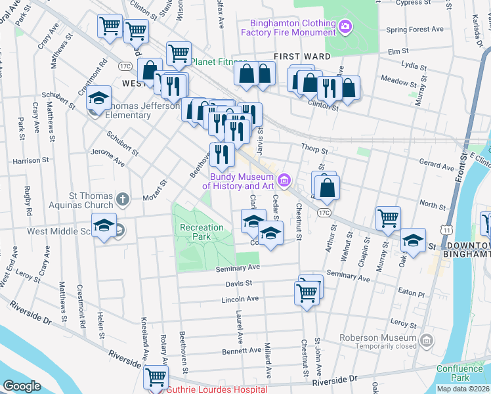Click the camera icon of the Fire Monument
coord(345,26)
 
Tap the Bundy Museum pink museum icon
coord(284,179)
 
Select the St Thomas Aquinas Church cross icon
coord(122,198)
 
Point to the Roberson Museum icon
coord(427,340)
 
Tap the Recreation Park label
coord(202,232)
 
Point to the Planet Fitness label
coord(217,62)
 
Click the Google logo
coord(22,386)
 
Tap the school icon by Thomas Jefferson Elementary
coord(98,98)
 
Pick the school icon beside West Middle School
coord(104,226)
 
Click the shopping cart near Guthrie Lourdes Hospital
coord(156,377)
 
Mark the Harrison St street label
coord(31,160)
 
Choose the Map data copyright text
coord(463,389)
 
